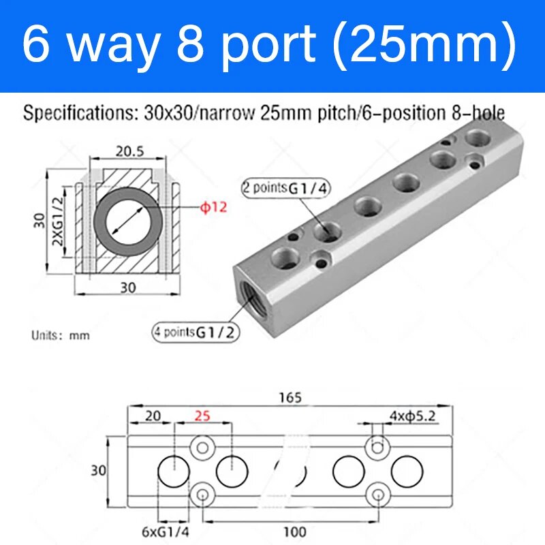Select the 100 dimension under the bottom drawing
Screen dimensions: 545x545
coord(295,531)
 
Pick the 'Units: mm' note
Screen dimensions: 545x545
coord(61,335)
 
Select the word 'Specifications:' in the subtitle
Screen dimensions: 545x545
coord(63,112)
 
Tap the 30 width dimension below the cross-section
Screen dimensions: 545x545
coord(127,288)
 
